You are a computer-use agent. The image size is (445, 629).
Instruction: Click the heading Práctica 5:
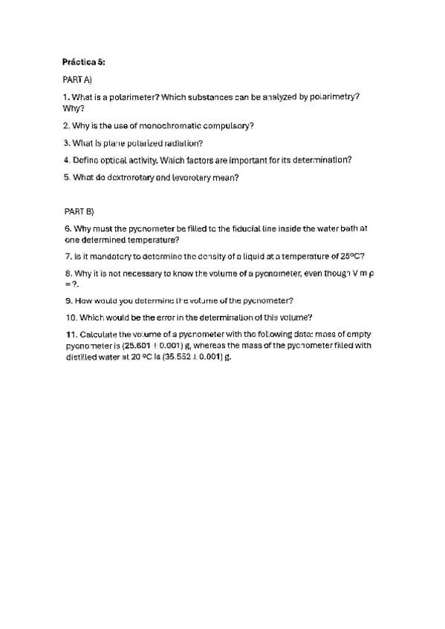[84, 62]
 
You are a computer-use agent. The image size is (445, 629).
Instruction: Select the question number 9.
[67, 300]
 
